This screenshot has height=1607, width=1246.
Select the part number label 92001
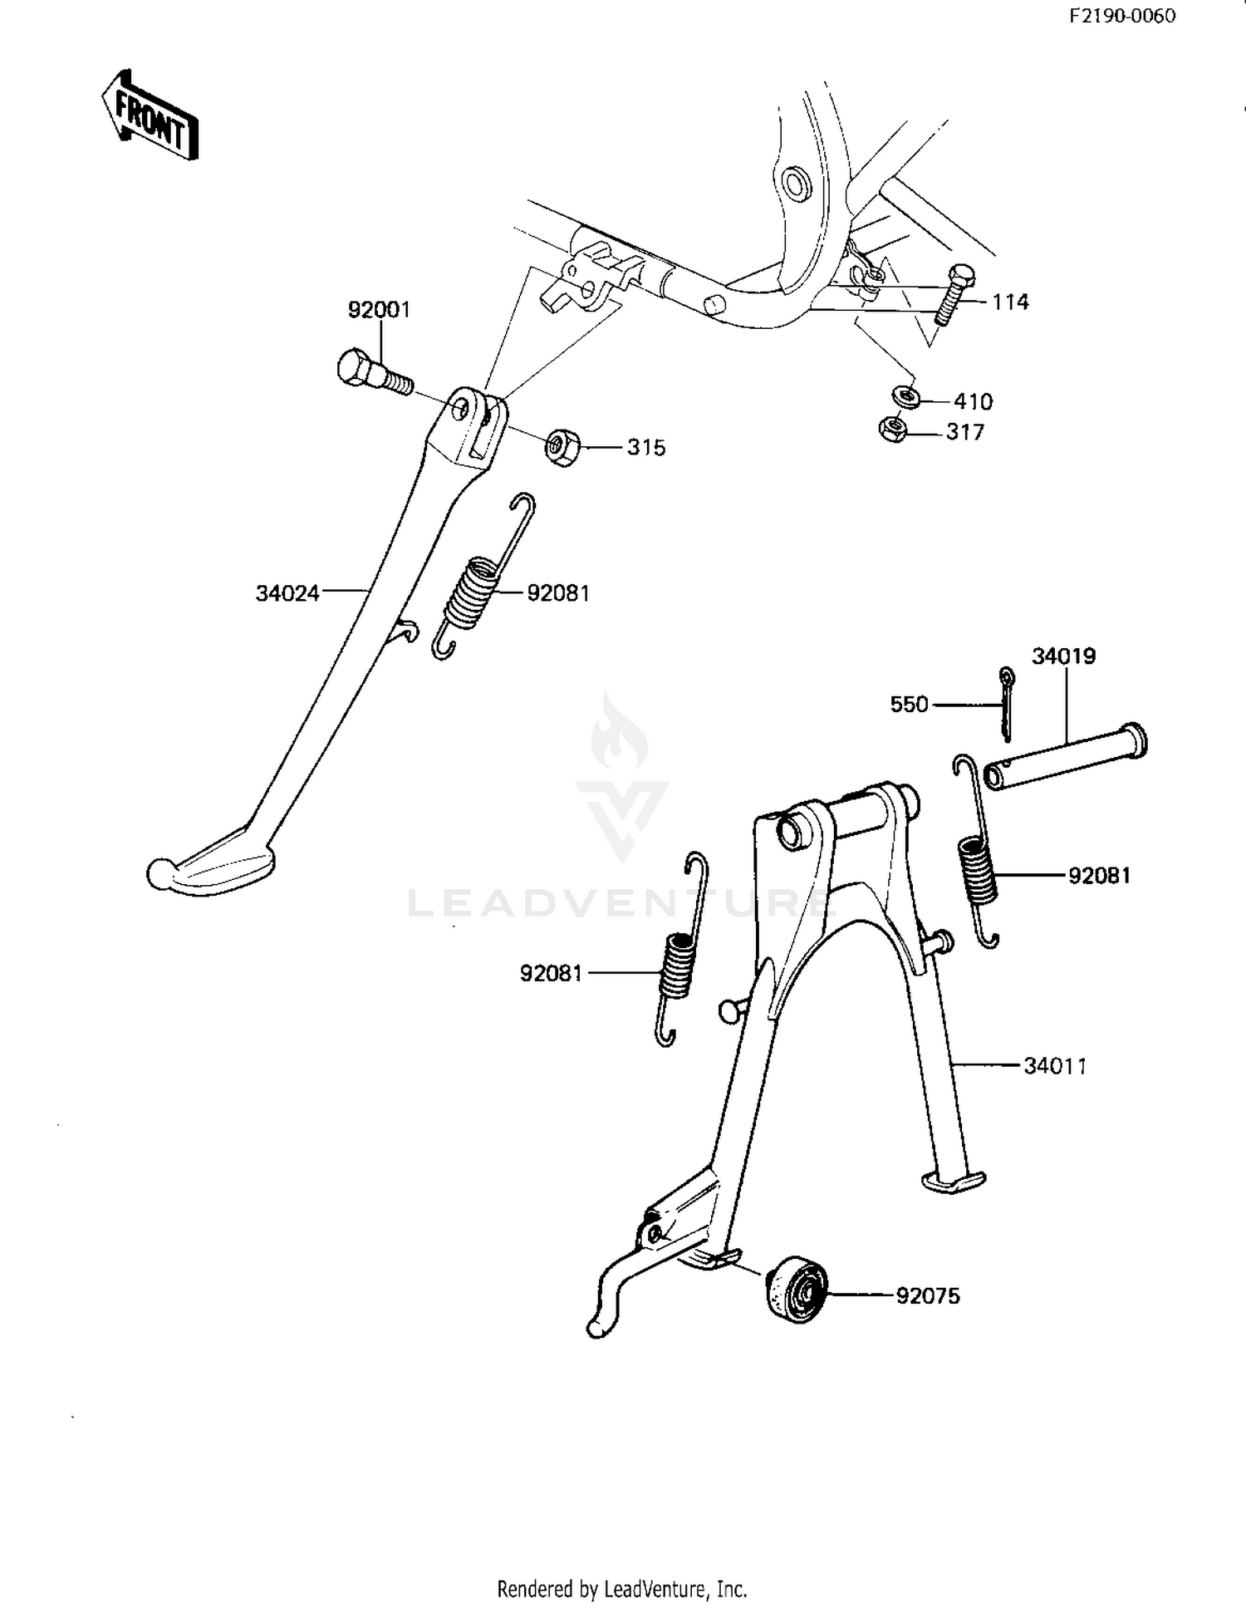click(x=379, y=310)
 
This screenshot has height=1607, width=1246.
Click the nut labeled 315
click(x=562, y=448)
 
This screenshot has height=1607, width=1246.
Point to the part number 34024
click(x=287, y=593)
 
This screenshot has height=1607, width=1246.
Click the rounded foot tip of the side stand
click(x=159, y=875)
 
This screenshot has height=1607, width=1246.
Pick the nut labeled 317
click(x=893, y=430)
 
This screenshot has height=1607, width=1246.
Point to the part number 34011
click(x=1055, y=1065)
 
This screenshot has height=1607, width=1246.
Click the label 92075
click(x=928, y=1295)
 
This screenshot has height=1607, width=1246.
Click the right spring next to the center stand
click(x=977, y=852)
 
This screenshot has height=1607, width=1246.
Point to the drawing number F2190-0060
click(x=1122, y=16)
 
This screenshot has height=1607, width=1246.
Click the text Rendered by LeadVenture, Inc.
click(x=622, y=1589)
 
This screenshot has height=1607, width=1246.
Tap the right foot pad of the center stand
click(x=954, y=1181)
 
